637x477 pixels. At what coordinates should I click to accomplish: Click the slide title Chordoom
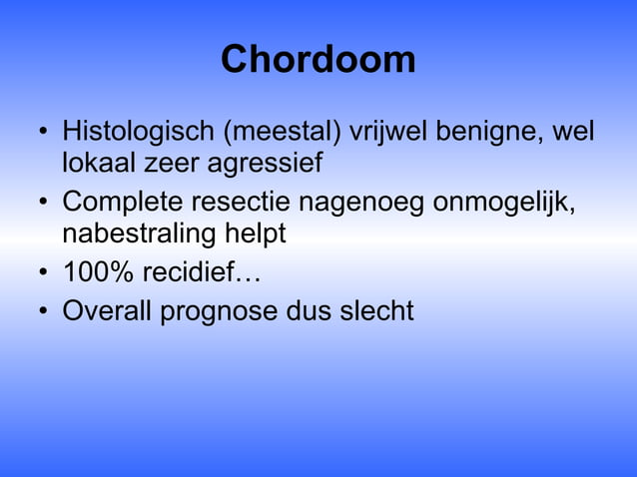click(x=318, y=60)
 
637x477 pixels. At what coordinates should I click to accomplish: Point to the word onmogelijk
click(x=505, y=203)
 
